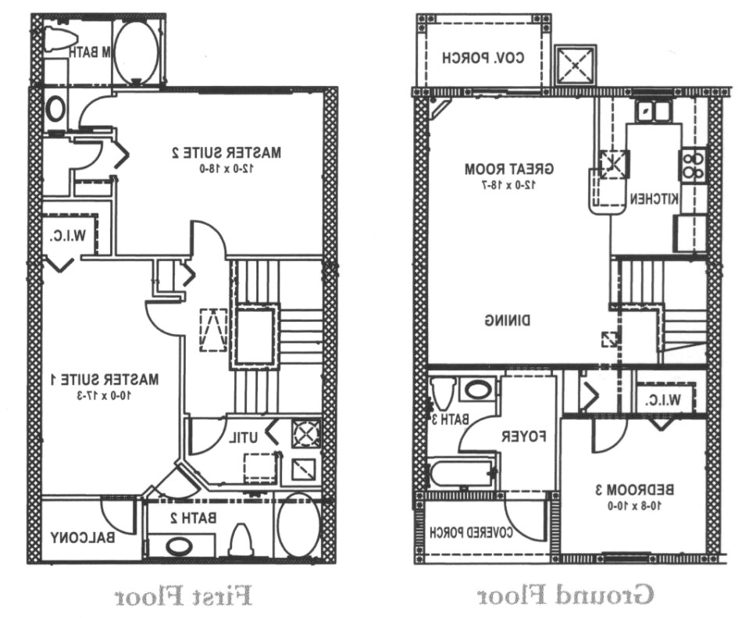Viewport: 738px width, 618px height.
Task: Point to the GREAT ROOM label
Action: tap(509, 169)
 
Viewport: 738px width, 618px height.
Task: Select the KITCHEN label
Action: tap(655, 199)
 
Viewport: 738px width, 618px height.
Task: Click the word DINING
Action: tap(508, 320)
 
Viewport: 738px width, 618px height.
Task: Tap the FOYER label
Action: tap(522, 435)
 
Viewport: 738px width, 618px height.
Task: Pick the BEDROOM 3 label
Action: tap(634, 490)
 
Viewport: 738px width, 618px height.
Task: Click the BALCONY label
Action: tap(84, 538)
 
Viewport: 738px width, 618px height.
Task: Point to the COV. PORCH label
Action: tap(483, 57)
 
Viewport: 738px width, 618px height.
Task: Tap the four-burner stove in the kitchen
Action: tap(692, 165)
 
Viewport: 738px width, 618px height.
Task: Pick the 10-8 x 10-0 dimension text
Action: tap(634, 505)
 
